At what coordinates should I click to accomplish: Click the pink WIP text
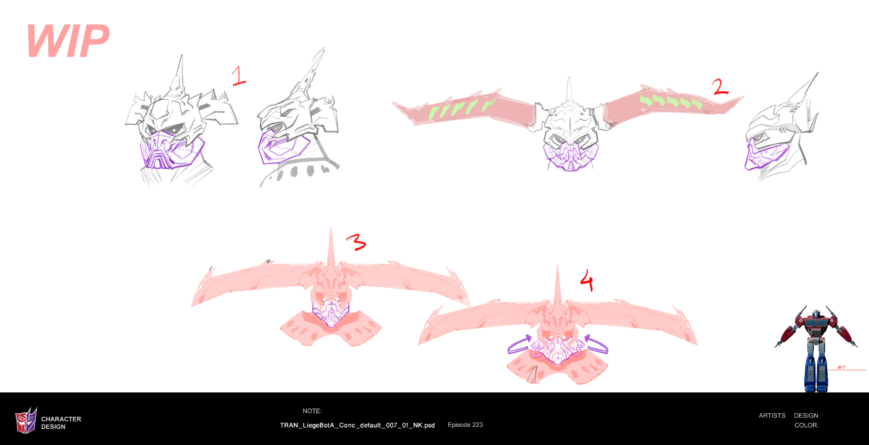pyautogui.click(x=68, y=41)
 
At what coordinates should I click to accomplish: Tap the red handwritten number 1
pyautogui.click(x=239, y=76)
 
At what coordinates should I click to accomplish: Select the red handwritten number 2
pyautogui.click(x=720, y=86)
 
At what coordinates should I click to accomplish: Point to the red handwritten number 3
pyautogui.click(x=356, y=242)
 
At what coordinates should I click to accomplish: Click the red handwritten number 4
pyautogui.click(x=587, y=280)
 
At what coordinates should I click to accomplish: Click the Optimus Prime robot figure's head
pyautogui.click(x=816, y=312)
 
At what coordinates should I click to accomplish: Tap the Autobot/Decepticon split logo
pyautogui.click(x=26, y=420)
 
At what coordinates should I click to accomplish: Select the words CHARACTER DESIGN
pyautogui.click(x=61, y=423)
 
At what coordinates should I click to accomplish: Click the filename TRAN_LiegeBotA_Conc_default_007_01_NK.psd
pyautogui.click(x=357, y=425)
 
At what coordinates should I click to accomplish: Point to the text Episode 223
pyautogui.click(x=465, y=425)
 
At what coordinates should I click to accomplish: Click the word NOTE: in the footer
pyautogui.click(x=312, y=411)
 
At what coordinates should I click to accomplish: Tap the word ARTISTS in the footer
pyautogui.click(x=772, y=415)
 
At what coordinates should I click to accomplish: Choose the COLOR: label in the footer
pyautogui.click(x=806, y=425)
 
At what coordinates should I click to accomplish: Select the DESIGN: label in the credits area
pyautogui.click(x=807, y=415)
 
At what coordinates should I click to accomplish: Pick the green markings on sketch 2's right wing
pyautogui.click(x=671, y=101)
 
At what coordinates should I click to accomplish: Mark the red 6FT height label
pyautogui.click(x=842, y=368)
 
